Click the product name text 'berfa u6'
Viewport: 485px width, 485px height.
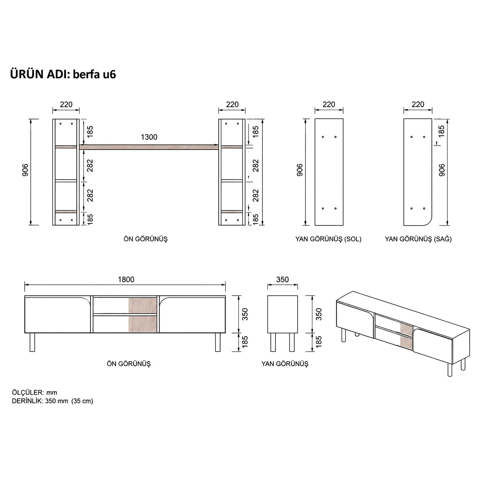pyautogui.click(x=94, y=74)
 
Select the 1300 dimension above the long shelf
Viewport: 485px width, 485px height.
pyautogui.click(x=149, y=137)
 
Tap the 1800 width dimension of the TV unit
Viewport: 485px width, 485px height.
pyautogui.click(x=126, y=279)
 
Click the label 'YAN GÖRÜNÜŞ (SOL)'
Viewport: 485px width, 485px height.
pyautogui.click(x=328, y=239)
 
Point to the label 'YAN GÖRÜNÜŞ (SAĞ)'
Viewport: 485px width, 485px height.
pyautogui.click(x=418, y=239)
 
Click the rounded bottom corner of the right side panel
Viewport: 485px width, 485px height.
pyautogui.click(x=429, y=222)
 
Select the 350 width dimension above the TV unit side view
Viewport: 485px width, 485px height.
pyautogui.click(x=283, y=279)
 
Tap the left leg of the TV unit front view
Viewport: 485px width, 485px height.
pyautogui.click(x=32, y=342)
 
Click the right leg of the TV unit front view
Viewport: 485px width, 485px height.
pyautogui.click(x=218, y=342)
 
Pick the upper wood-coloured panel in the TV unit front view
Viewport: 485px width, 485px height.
pyautogui.click(x=142, y=305)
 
